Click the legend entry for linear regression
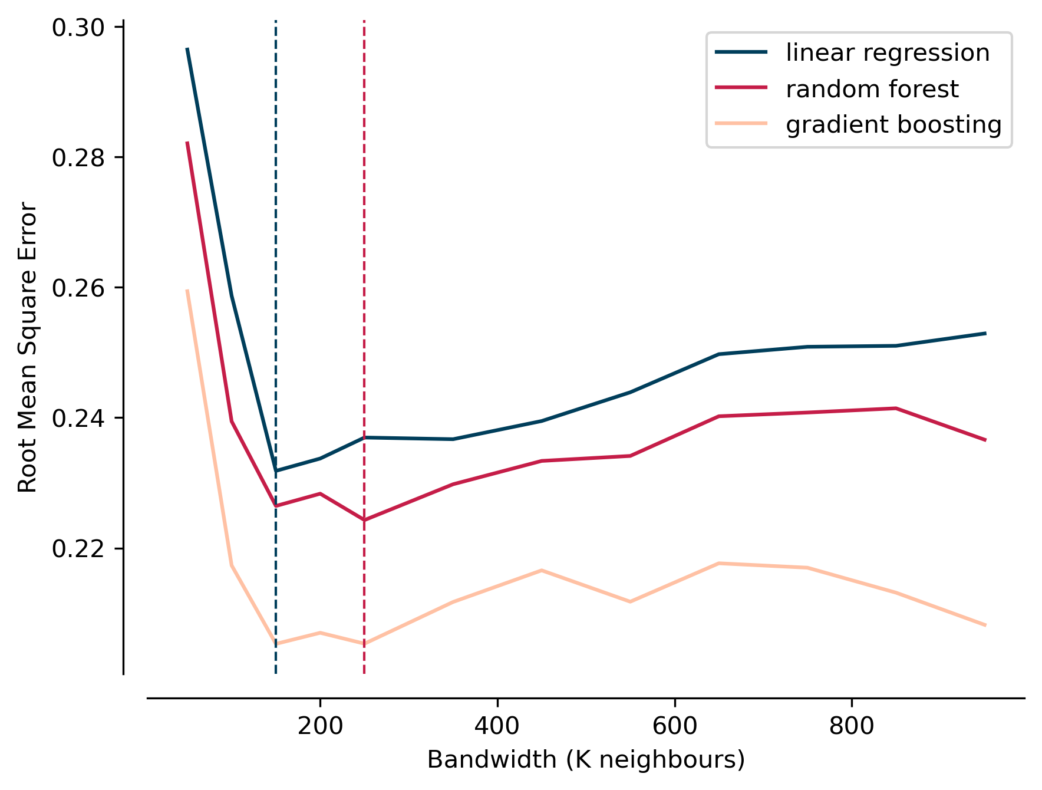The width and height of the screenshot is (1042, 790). [x=887, y=53]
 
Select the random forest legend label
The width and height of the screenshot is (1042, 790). [x=872, y=89]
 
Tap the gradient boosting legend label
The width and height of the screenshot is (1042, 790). [x=893, y=125]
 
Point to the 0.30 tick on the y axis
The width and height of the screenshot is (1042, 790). [x=78, y=28]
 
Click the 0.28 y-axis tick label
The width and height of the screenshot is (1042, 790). [x=78, y=158]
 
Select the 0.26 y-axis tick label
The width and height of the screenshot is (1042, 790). [x=78, y=288]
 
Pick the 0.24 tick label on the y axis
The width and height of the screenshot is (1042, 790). [x=78, y=418]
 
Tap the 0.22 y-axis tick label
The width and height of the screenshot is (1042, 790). [x=78, y=549]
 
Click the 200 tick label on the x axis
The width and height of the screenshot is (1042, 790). [x=320, y=726]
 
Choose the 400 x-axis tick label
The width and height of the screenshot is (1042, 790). [x=497, y=726]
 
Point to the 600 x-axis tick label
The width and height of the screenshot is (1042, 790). [x=674, y=726]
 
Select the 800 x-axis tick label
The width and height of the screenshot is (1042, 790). [x=852, y=726]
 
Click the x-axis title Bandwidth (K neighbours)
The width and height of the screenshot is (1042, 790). [x=586, y=760]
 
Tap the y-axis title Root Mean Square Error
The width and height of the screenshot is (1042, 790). [x=28, y=347]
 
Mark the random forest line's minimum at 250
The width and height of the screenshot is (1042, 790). [x=364, y=520]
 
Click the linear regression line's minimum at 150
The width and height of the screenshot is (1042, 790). [x=276, y=470]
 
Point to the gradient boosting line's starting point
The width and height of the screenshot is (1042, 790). [x=187, y=290]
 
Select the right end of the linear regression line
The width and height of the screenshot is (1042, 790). [x=985, y=334]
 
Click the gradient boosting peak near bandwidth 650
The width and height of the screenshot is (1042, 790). [x=719, y=564]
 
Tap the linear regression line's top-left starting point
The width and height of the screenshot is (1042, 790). [x=187, y=48]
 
